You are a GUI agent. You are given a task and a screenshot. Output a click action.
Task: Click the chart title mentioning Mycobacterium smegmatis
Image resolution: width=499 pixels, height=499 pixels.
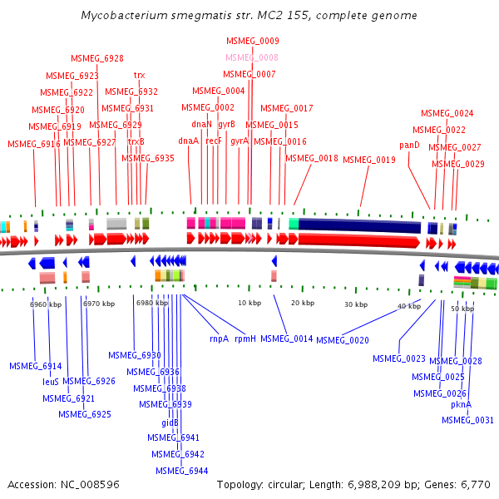pyautogui.click(x=249, y=16)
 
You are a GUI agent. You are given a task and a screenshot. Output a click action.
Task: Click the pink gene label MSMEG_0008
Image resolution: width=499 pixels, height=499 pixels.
pyautogui.click(x=252, y=57)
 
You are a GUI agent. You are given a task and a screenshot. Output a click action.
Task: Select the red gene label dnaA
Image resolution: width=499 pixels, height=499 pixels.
pyautogui.click(x=189, y=141)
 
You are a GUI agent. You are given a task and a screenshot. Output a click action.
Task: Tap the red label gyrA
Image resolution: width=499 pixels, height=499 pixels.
pyautogui.click(x=240, y=141)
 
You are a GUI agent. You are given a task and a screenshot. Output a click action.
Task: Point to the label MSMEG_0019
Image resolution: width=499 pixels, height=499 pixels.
pyautogui.click(x=369, y=160)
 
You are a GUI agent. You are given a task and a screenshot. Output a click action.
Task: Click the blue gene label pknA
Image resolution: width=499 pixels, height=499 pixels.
pyautogui.click(x=461, y=404)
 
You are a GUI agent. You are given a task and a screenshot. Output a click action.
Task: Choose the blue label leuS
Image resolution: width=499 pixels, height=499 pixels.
pyautogui.click(x=51, y=382)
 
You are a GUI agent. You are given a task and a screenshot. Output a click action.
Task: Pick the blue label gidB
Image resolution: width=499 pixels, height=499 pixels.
pyautogui.click(x=170, y=422)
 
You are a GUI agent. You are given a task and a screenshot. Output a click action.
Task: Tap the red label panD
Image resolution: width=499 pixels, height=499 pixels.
pyautogui.click(x=409, y=145)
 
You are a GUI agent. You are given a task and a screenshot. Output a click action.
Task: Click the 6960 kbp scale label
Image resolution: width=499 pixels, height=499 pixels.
pyautogui.click(x=46, y=305)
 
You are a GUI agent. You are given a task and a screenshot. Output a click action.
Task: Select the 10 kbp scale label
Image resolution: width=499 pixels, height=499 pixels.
pyautogui.click(x=249, y=303)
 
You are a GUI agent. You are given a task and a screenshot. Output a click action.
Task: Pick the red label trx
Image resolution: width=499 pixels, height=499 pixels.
pyautogui.click(x=139, y=75)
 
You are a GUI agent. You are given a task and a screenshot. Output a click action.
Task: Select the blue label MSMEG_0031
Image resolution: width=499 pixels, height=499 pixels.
pyautogui.click(x=467, y=420)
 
